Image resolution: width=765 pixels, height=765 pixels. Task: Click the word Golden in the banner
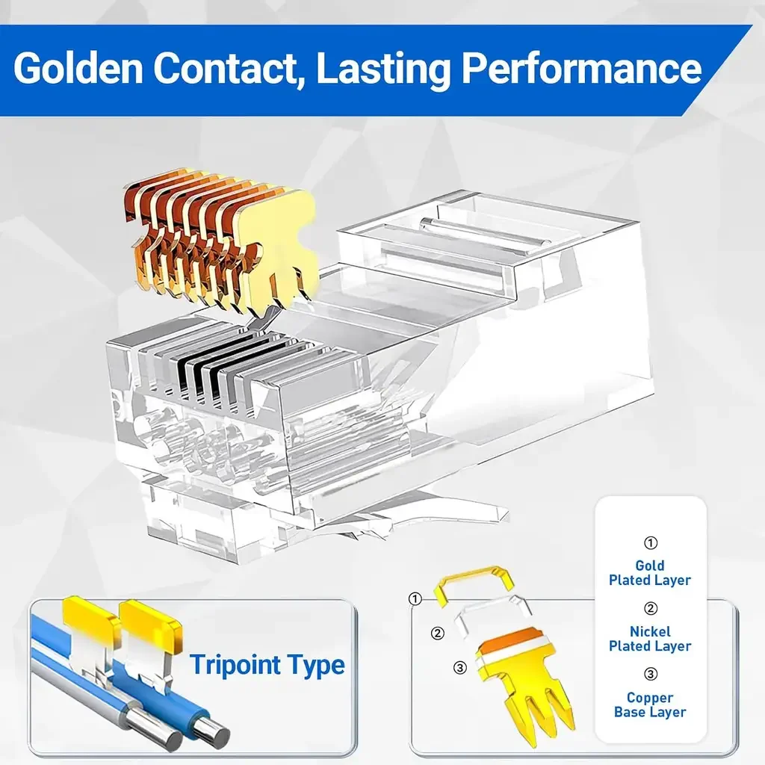[x=78, y=68]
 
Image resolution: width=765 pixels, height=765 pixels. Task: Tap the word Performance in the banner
[x=581, y=69]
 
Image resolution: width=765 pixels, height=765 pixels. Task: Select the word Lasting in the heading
[x=383, y=69]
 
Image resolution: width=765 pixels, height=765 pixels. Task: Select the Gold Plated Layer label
[x=650, y=573]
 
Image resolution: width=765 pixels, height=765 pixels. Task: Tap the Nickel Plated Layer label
[x=650, y=639]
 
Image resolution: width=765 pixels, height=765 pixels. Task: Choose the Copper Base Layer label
[x=650, y=705]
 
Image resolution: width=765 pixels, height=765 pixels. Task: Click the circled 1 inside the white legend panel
[x=651, y=542]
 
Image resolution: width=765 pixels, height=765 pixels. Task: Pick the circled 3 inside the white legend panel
[x=651, y=675]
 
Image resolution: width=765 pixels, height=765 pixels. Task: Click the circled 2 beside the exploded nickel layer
[x=438, y=634]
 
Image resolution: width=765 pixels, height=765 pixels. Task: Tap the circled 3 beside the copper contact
[x=460, y=667]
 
